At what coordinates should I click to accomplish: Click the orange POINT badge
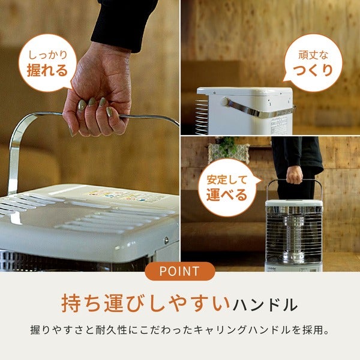pyautogui.click(x=180, y=271)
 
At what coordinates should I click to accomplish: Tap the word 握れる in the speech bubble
pyautogui.click(x=47, y=70)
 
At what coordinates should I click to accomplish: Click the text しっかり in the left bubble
pyautogui.click(x=48, y=55)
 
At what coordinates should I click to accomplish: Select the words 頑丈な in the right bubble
pyautogui.click(x=313, y=55)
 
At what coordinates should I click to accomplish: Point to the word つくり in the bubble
pyautogui.click(x=313, y=70)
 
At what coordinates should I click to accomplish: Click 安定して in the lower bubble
pyautogui.click(x=227, y=180)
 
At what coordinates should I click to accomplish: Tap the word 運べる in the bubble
pyautogui.click(x=227, y=194)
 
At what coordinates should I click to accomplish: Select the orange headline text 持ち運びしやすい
pyautogui.click(x=146, y=303)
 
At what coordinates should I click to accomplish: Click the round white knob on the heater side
pyautogui.click(x=226, y=102)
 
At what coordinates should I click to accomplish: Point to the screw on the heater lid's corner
pyautogui.click(x=166, y=241)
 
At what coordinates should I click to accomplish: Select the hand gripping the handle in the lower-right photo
pyautogui.click(x=295, y=175)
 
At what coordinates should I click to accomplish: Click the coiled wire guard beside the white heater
pyautogui.click(x=202, y=117)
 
